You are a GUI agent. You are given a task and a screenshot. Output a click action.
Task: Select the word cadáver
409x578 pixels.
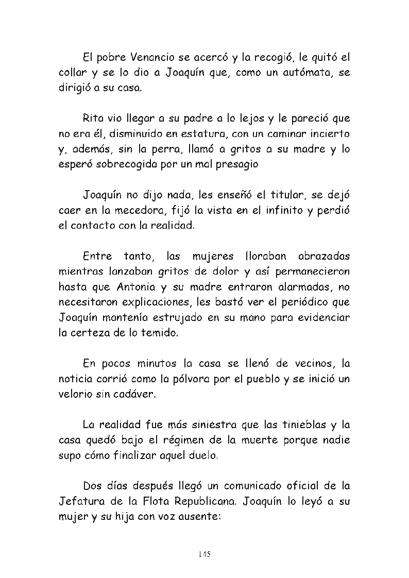[x=149, y=395]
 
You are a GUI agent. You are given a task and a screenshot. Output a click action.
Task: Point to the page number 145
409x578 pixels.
[x=204, y=554]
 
